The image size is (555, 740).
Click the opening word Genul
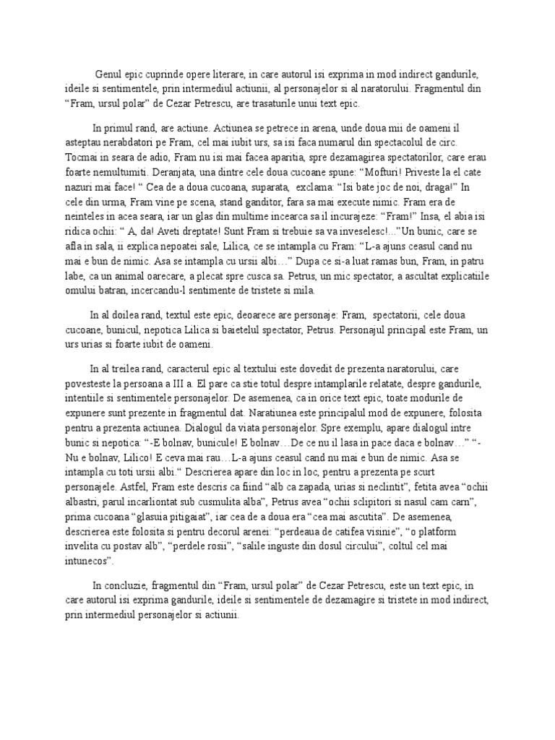110,74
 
